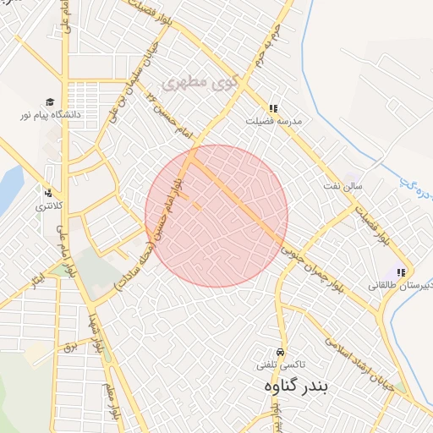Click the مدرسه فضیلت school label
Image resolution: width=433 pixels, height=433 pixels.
click(272, 121)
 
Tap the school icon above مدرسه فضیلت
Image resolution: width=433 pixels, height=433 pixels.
click(273, 109)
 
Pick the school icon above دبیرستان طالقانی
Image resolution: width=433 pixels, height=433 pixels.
click(401, 273)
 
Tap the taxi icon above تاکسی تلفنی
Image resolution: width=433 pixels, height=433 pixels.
click(280, 352)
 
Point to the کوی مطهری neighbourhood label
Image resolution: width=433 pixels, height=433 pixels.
click(195, 83)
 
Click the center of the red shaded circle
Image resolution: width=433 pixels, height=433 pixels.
click(216, 216)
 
